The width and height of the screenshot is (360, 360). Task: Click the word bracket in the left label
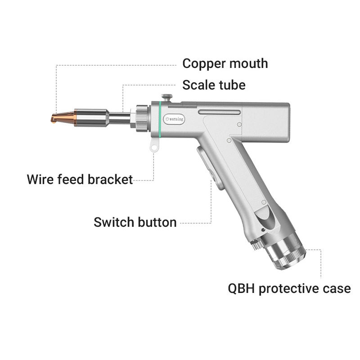coord(109,179)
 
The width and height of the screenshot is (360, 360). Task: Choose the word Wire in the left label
coord(39,179)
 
